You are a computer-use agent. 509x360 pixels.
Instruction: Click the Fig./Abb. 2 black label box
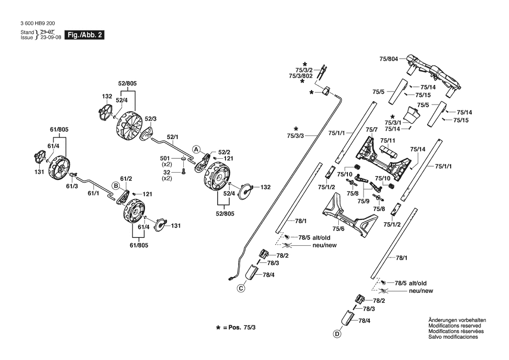pos(84,35)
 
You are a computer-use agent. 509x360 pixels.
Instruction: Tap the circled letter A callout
pos(196,149)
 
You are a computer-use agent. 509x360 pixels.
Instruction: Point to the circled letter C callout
pos(241,288)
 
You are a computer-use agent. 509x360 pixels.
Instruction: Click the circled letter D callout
pos(337,334)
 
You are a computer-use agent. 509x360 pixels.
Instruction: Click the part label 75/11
pos(388,140)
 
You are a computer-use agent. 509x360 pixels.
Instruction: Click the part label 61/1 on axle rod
pos(94,193)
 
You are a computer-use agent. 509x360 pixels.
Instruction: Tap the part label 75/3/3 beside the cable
pos(296,136)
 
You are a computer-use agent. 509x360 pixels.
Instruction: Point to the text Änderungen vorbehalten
pos(457,320)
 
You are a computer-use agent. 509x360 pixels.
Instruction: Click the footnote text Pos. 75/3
pos(242,327)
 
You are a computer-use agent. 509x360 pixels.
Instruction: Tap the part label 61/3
pos(72,186)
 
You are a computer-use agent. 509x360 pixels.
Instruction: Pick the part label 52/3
pos(151,119)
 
